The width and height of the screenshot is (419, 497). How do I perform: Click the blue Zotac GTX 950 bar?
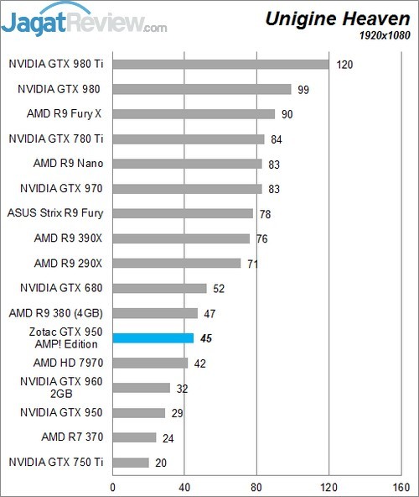tap(153, 338)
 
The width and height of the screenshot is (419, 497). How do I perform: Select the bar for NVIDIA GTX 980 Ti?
tap(220, 64)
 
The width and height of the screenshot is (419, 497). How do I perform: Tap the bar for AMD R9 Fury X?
tap(194, 113)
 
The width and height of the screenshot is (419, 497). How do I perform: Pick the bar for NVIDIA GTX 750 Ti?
tap(131, 463)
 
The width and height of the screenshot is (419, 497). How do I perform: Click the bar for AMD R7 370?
tap(134, 437)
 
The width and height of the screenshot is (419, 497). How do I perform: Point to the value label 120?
tap(344, 64)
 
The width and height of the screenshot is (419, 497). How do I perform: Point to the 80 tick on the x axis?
tap(256, 484)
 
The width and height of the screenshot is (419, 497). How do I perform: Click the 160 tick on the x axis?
tap(401, 484)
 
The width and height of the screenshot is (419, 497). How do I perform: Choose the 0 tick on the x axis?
tap(112, 484)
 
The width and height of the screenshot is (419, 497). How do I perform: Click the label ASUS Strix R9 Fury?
tap(55, 213)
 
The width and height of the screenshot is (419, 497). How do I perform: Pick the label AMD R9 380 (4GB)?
tap(57, 313)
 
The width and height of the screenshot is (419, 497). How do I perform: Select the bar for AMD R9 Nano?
tap(187, 164)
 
